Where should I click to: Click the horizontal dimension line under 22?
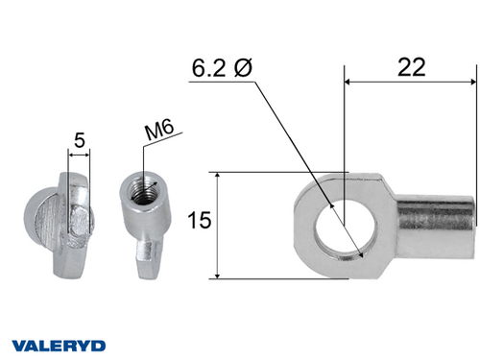tap(410, 82)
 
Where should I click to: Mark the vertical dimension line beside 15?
tap(220, 226)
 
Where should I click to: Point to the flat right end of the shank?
tap(472, 224)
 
